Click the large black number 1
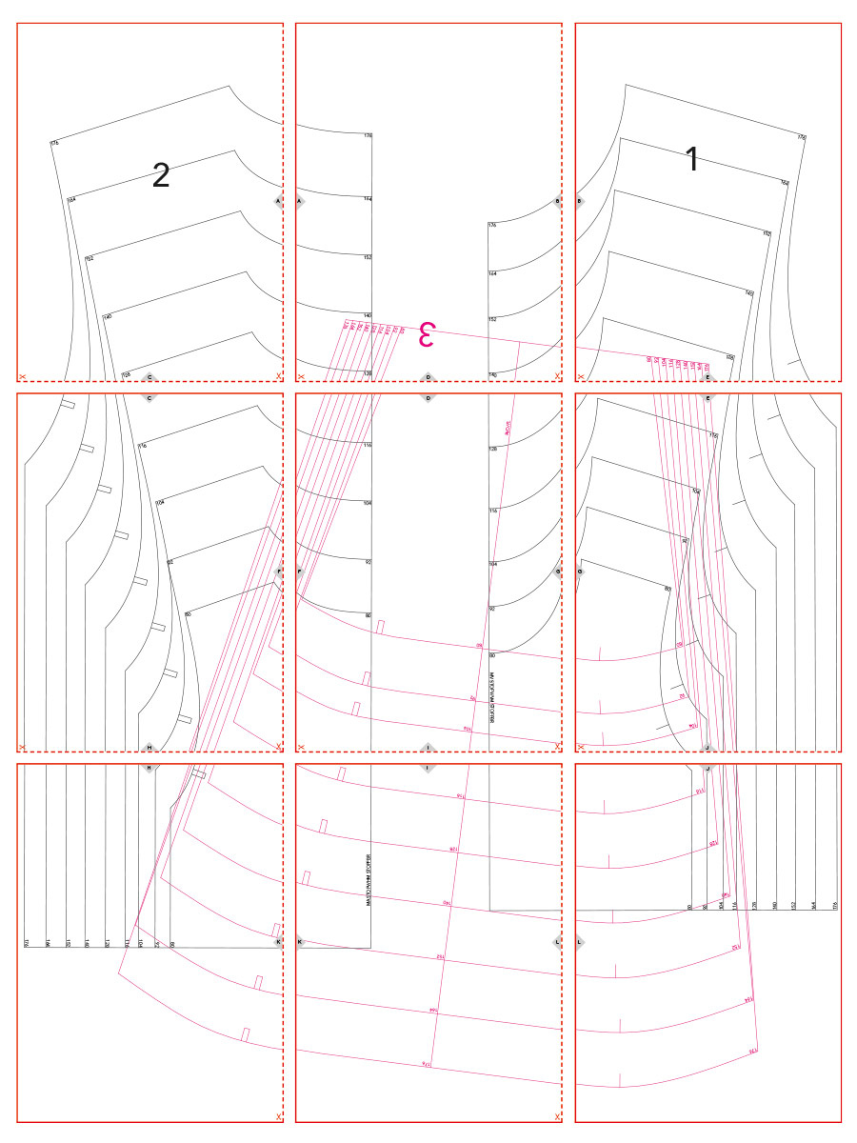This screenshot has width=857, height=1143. pyautogui.click(x=692, y=160)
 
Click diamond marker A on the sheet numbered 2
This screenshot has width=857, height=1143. pyautogui.click(x=278, y=202)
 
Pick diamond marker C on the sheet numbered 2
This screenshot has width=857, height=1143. pyautogui.click(x=149, y=377)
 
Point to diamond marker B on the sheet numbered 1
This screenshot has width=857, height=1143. pyautogui.click(x=580, y=202)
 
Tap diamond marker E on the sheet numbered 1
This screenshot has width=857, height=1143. pyautogui.click(x=708, y=377)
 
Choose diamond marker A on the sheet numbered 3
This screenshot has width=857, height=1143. pyautogui.click(x=301, y=202)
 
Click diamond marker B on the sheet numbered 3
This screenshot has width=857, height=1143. pyautogui.click(x=558, y=202)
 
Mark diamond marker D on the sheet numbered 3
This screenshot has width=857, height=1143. pyautogui.click(x=428, y=377)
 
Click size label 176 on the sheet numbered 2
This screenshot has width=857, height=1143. pyautogui.click(x=54, y=143)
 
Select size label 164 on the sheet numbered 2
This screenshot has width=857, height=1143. pyautogui.click(x=71, y=199)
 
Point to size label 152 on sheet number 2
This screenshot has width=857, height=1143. pyautogui.click(x=90, y=258)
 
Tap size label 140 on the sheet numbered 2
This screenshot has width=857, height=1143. pyautogui.click(x=108, y=316)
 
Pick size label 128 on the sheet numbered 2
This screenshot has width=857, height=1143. pyautogui.click(x=125, y=374)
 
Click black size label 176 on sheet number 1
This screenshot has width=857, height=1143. pyautogui.click(x=802, y=138)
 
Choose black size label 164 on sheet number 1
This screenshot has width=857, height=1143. pyautogui.click(x=785, y=183)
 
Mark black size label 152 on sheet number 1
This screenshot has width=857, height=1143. pyautogui.click(x=767, y=233)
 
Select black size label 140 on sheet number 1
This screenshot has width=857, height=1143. pyautogui.click(x=748, y=293)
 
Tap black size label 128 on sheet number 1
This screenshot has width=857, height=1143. pyautogui.click(x=730, y=357)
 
